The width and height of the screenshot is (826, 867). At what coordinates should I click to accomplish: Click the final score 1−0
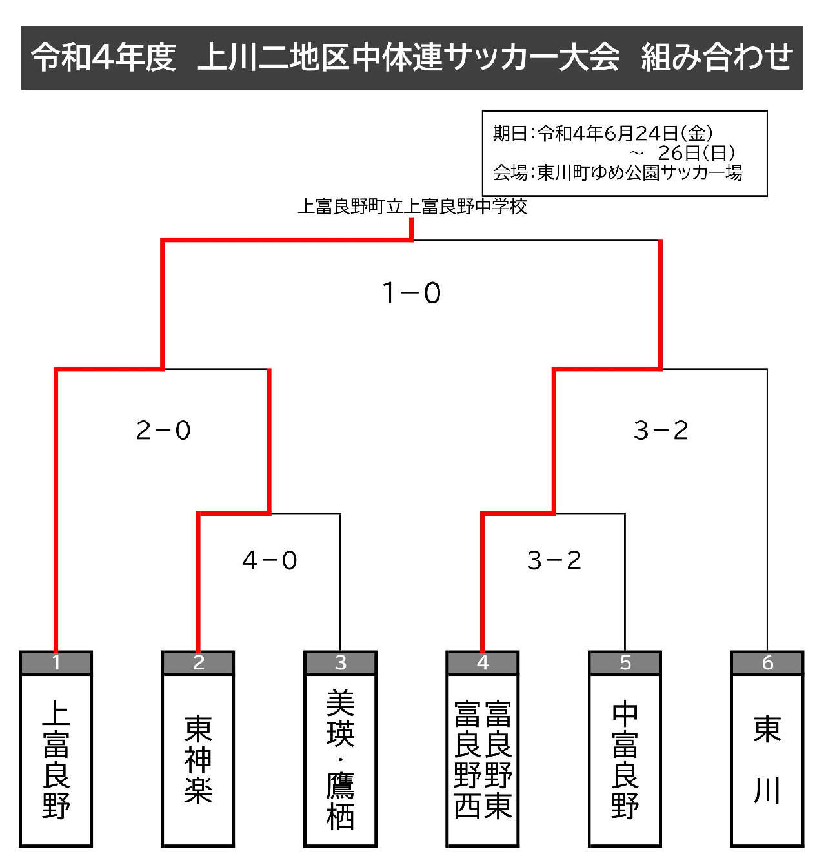412,293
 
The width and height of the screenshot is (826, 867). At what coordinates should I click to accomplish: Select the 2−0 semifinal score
163,431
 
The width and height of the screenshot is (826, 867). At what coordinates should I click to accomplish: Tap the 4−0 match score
270,560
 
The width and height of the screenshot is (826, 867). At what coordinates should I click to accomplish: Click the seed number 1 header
55,662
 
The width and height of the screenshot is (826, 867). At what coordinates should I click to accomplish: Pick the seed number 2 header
198,662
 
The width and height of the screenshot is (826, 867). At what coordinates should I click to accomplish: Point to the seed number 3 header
341,662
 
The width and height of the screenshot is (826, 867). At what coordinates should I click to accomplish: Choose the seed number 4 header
483,662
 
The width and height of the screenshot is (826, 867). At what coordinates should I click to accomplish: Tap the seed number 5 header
625,662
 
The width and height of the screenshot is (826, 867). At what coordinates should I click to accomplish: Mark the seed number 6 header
767,662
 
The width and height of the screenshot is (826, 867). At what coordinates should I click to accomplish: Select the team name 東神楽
199,760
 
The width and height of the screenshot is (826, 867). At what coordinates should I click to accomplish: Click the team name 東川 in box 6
768,760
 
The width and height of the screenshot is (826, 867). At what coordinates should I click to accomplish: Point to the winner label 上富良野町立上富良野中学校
412,207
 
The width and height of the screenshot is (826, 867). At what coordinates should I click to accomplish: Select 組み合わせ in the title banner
717,57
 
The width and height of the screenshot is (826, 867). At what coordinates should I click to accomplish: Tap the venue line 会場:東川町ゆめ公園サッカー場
618,172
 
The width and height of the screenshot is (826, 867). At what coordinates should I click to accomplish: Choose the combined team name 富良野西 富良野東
483,759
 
